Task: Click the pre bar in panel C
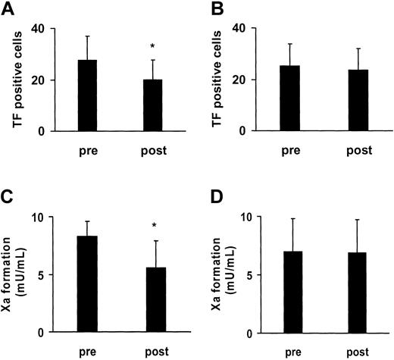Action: (87, 285)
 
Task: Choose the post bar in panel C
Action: (153, 300)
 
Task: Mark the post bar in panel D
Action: (352, 293)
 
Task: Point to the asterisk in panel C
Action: (154, 226)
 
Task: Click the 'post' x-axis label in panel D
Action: (352, 352)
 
